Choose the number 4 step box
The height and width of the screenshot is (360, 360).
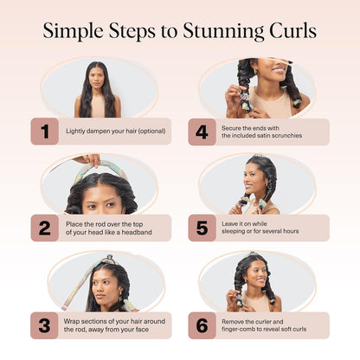point(202,132)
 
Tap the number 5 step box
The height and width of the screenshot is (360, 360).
point(202,228)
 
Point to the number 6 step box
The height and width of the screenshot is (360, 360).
point(202,325)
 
